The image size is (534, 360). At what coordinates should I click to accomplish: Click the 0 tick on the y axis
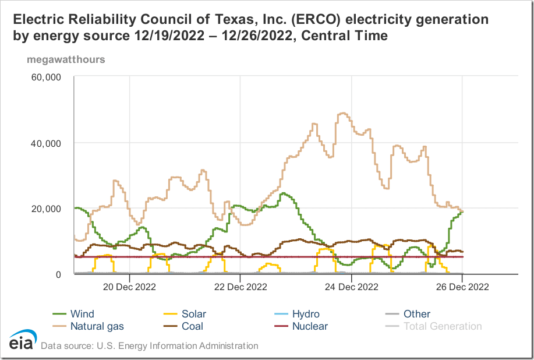pyautogui.click(x=58, y=274)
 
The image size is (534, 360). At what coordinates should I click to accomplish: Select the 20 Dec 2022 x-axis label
pyautogui.click(x=129, y=287)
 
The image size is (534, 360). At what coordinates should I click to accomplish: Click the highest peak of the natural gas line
pyautogui.click(x=342, y=114)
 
